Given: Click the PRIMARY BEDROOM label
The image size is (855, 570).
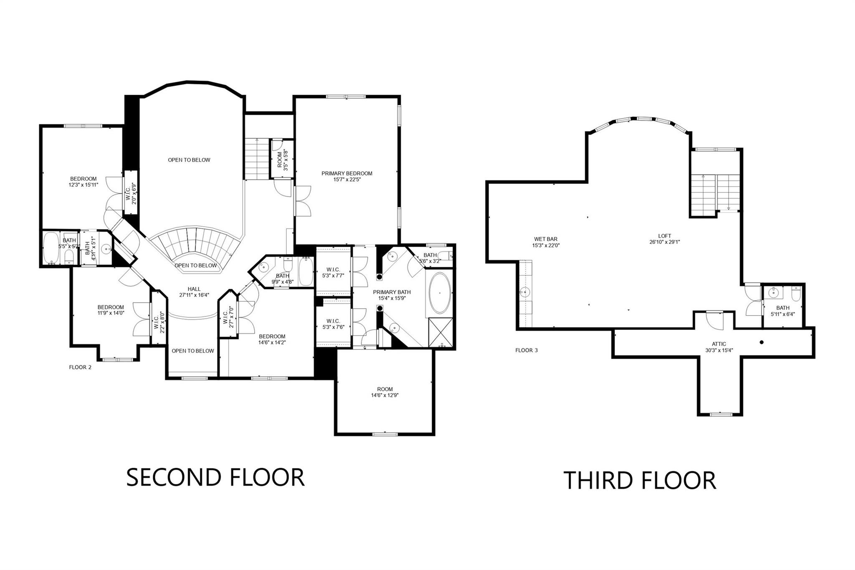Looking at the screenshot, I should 347,173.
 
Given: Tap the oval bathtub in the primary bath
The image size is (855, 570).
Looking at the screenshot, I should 440,293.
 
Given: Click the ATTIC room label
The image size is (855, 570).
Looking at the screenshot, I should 719,344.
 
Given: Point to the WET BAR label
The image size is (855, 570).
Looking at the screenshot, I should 546,239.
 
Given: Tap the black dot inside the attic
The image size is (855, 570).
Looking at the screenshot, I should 761,342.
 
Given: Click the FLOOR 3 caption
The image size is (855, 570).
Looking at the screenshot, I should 526,350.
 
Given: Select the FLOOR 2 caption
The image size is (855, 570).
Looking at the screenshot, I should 80,367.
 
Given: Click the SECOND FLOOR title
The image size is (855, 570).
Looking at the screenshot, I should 215,477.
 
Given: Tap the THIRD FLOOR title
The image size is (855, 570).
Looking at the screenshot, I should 640,480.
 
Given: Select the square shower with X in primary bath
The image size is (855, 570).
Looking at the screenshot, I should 440,332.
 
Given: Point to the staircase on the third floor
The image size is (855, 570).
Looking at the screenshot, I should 715,194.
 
